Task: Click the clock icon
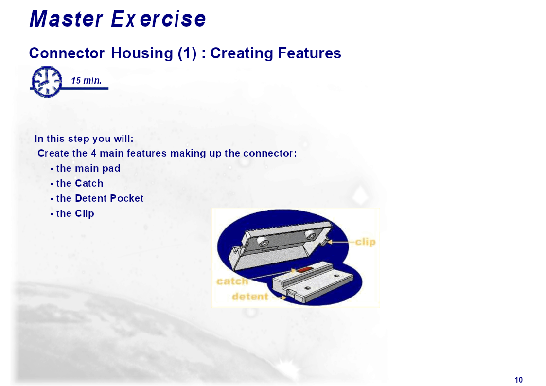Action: (47, 82)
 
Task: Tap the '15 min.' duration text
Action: (87, 80)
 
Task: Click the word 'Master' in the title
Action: (66, 18)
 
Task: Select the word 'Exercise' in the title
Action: (159, 18)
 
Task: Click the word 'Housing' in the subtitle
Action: (141, 53)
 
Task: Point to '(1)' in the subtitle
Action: (187, 53)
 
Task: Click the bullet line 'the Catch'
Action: (77, 183)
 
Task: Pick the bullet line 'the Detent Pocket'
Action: (97, 198)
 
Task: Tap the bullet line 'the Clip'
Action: (72, 213)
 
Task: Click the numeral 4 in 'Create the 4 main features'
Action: (94, 153)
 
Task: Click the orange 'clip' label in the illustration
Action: (365, 242)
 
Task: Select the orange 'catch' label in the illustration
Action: (232, 281)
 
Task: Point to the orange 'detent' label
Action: (250, 297)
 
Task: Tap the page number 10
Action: (518, 380)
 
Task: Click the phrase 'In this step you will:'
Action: (84, 139)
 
